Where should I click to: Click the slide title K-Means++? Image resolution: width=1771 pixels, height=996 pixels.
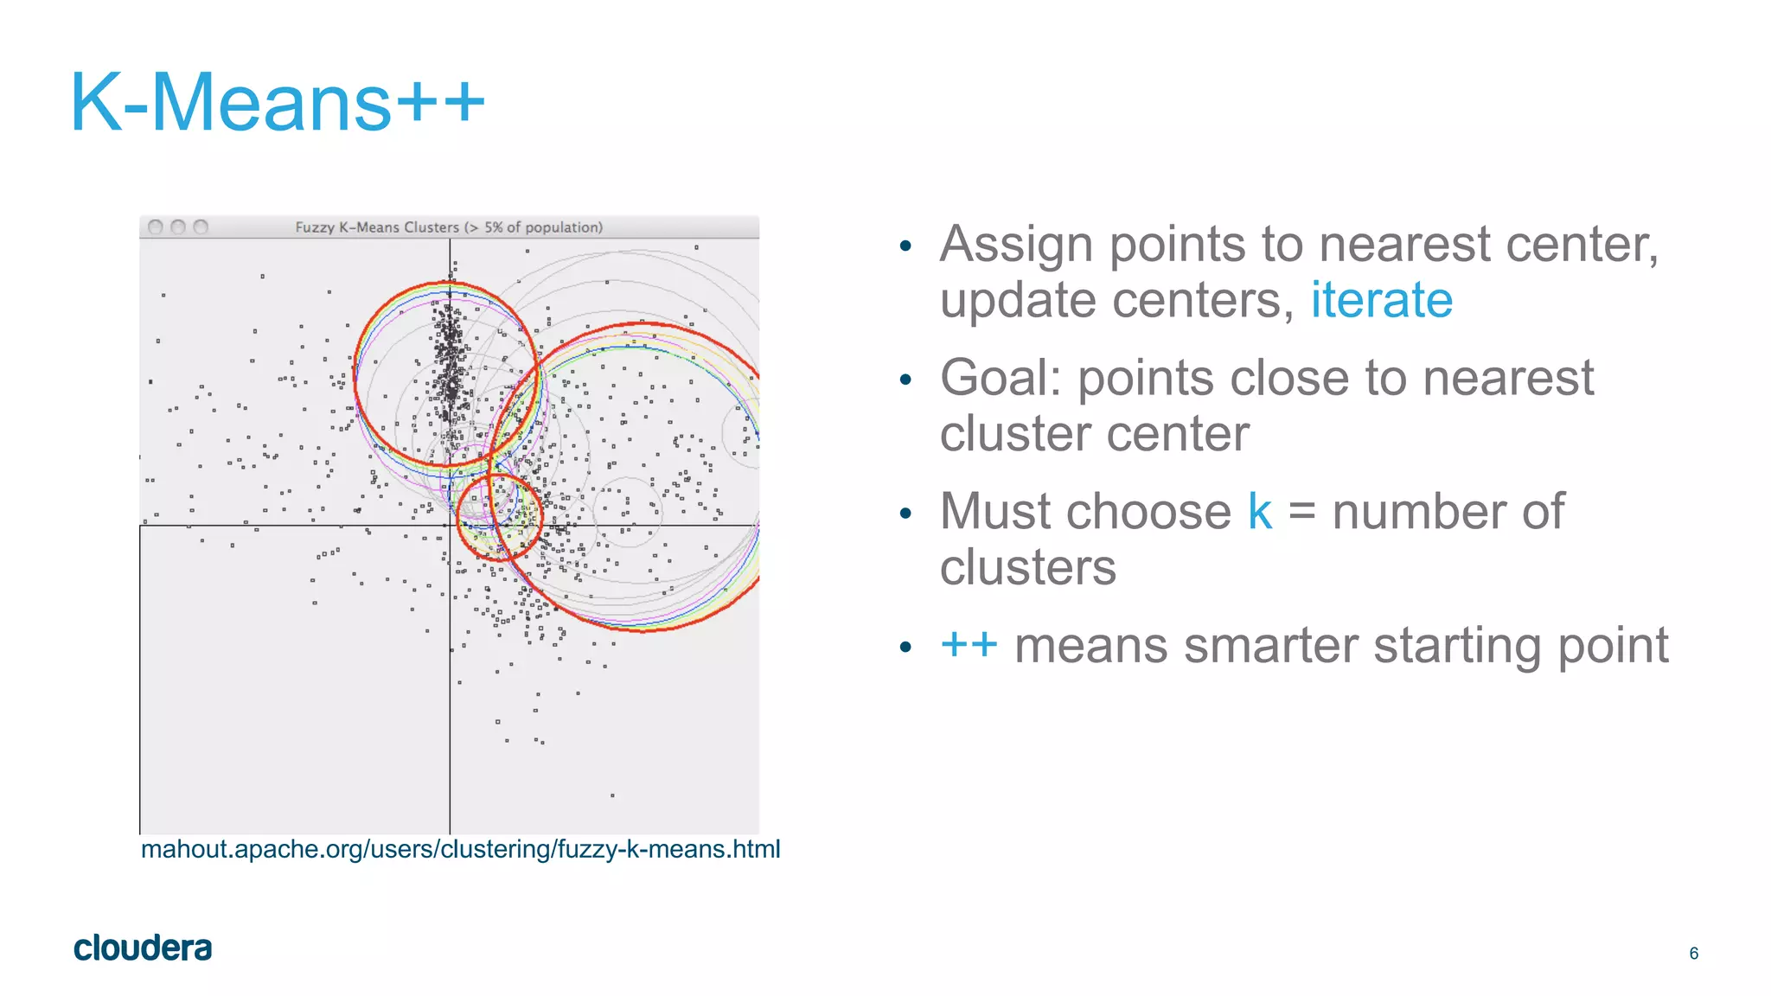[x=277, y=102]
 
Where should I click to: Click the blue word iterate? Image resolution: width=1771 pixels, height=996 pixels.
[x=1381, y=300]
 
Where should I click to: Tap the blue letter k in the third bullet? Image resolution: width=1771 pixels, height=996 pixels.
[x=1259, y=512]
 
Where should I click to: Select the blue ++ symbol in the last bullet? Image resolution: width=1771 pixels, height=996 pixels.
[x=969, y=645]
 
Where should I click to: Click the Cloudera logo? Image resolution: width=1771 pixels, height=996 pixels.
[x=143, y=948]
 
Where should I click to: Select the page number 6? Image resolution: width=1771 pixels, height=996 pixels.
[x=1693, y=953]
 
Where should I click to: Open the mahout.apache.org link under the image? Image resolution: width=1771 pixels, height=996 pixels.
[x=460, y=849]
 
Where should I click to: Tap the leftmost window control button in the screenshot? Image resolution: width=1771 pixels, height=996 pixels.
[x=156, y=227]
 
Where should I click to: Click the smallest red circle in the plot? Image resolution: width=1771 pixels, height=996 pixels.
[x=499, y=517]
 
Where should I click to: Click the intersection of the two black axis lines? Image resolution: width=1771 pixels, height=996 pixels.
[x=450, y=525]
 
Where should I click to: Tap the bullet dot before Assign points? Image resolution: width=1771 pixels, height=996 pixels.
[x=905, y=246]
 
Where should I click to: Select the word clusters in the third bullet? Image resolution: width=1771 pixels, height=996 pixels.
[x=1027, y=568]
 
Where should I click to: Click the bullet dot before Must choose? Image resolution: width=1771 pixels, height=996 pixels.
[x=905, y=514]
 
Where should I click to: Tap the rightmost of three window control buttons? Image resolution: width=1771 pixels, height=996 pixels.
[x=201, y=227]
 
